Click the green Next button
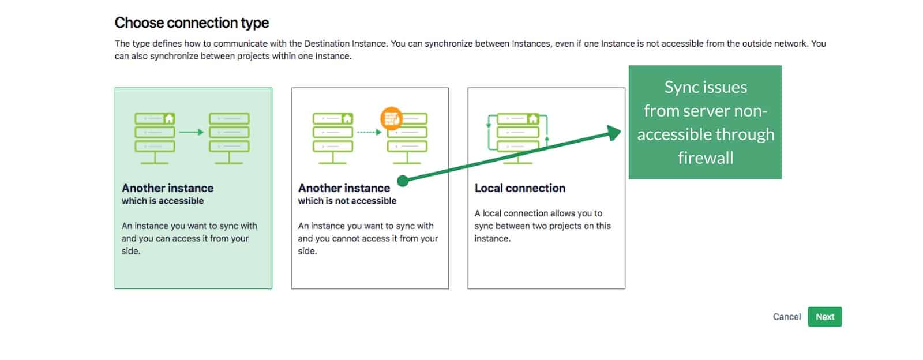824,317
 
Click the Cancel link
786,317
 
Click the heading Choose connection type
192,23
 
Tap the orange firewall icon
392,118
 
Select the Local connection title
520,188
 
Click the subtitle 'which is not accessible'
347,201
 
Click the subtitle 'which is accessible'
163,201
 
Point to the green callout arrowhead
615,133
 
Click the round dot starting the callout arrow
403,181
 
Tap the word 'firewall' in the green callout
705,157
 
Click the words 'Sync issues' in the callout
705,87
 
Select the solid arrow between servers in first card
191,132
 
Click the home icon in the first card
169,118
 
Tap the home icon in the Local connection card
533,119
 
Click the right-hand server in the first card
229,137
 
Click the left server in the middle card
332,137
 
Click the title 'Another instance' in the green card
167,188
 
